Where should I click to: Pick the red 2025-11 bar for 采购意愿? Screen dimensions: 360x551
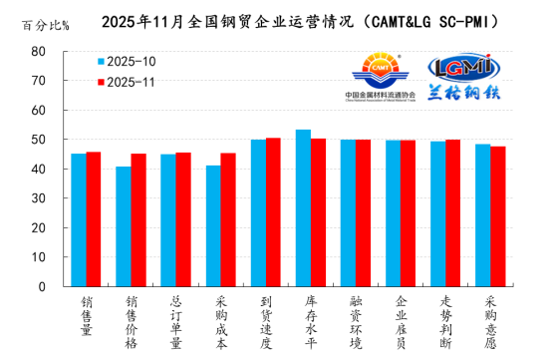[x=497, y=216]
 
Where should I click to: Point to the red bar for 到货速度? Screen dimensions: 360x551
[x=273, y=211]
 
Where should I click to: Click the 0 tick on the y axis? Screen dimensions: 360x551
[x=41, y=286]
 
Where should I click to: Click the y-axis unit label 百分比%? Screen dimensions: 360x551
[x=45, y=24]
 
